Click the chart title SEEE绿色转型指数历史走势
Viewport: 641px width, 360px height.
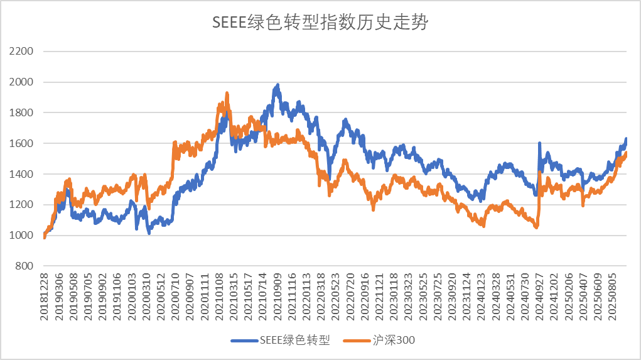click(x=320, y=23)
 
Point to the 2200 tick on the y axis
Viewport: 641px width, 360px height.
click(x=21, y=52)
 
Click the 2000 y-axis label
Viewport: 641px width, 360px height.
click(x=21, y=82)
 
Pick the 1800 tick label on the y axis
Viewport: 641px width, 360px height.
click(x=21, y=113)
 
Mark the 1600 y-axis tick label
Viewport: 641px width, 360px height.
click(x=21, y=144)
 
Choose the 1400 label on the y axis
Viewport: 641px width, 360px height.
click(x=21, y=175)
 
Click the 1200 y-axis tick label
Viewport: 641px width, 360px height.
click(x=21, y=205)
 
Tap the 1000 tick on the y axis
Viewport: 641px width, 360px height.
click(x=21, y=236)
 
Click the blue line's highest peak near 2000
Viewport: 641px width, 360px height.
click(x=277, y=85)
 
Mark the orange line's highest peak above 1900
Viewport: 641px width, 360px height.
click(x=227, y=94)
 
